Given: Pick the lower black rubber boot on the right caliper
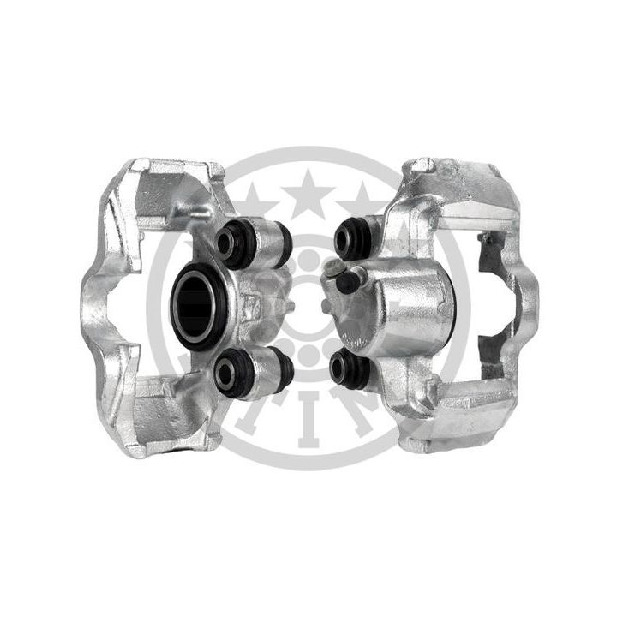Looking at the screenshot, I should point(348,368).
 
